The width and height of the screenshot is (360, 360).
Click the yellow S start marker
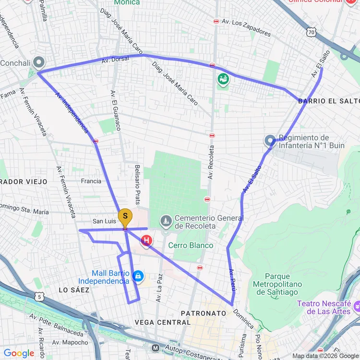click(x=125, y=217)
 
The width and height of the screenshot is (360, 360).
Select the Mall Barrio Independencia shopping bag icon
click(x=138, y=276)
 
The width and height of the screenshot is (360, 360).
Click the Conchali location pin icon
click(x=39, y=62)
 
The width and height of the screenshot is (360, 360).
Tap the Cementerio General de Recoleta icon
click(x=166, y=221)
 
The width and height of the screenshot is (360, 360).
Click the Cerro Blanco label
click(x=191, y=245)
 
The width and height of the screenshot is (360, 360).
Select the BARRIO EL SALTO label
click(x=328, y=101)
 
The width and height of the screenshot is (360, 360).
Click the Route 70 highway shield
click(x=312, y=32)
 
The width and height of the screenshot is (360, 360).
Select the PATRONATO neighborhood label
click(x=203, y=313)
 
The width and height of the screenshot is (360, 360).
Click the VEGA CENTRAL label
click(x=162, y=322)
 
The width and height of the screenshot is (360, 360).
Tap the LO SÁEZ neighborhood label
click(x=74, y=290)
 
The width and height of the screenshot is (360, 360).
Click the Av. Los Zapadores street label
click(x=246, y=27)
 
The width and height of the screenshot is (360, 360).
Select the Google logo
click(x=19, y=353)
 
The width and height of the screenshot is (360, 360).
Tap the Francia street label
click(x=91, y=181)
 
